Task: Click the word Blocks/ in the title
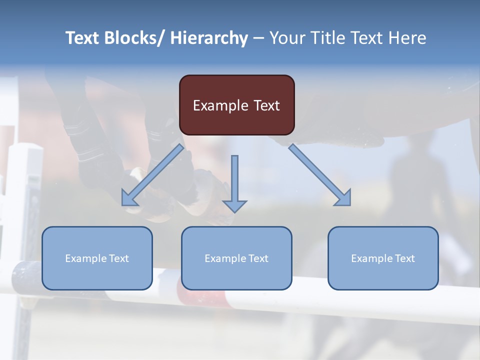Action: (x=131, y=38)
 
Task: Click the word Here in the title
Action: (x=408, y=38)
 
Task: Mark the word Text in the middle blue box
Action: (x=258, y=258)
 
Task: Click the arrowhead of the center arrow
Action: (x=234, y=205)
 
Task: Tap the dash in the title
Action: (x=258, y=38)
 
